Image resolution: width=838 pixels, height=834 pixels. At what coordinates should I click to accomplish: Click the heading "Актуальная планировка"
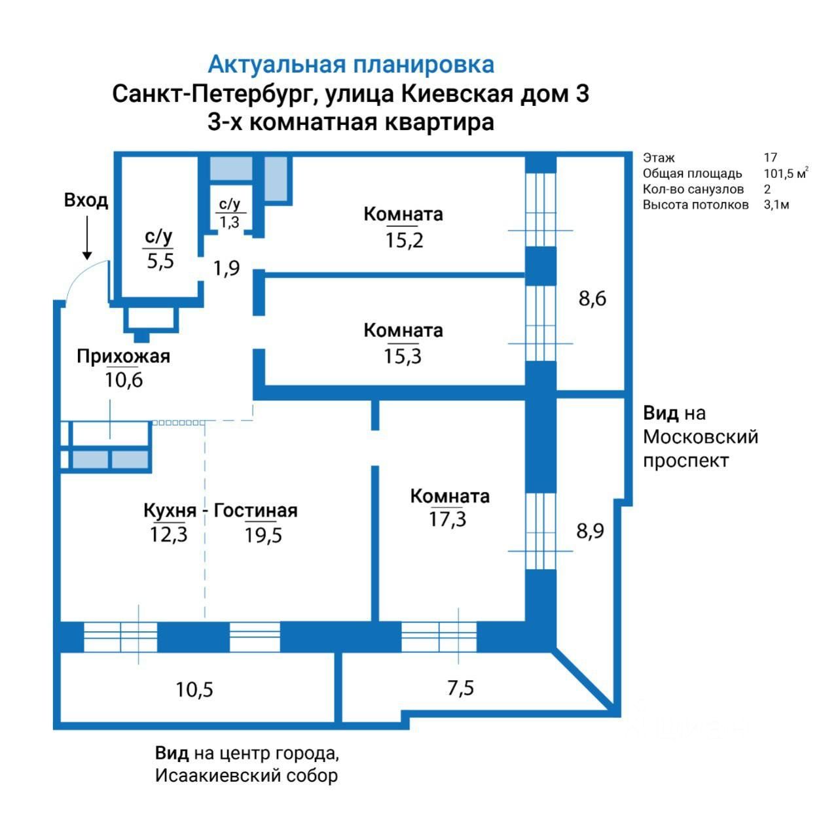pyautogui.click(x=351, y=65)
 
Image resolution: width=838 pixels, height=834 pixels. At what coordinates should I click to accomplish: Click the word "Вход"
pyautogui.click(x=86, y=200)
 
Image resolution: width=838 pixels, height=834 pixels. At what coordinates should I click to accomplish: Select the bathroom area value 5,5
pyautogui.click(x=160, y=262)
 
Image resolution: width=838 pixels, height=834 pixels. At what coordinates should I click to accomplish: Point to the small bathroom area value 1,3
pyautogui.click(x=229, y=222)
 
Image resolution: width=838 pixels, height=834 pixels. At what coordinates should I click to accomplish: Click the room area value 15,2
pyautogui.click(x=404, y=240)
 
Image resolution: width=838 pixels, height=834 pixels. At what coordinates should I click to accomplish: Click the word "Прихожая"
pyautogui.click(x=123, y=356)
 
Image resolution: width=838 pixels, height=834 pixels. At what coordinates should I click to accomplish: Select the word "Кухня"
pyautogui.click(x=170, y=510)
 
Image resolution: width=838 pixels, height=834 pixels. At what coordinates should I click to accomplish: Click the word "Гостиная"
pyautogui.click(x=256, y=510)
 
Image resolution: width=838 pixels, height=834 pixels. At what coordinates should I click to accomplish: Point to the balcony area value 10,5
pyautogui.click(x=194, y=689)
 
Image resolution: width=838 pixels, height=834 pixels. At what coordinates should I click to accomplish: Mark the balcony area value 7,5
pyautogui.click(x=460, y=688)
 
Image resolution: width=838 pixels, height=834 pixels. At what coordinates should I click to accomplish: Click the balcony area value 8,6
pyautogui.click(x=592, y=299)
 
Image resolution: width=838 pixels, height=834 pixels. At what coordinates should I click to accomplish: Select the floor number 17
pyautogui.click(x=770, y=158)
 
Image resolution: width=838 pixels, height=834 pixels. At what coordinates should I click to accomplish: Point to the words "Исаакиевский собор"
pyautogui.click(x=246, y=776)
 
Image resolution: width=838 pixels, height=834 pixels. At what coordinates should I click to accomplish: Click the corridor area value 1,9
pyautogui.click(x=227, y=268)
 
